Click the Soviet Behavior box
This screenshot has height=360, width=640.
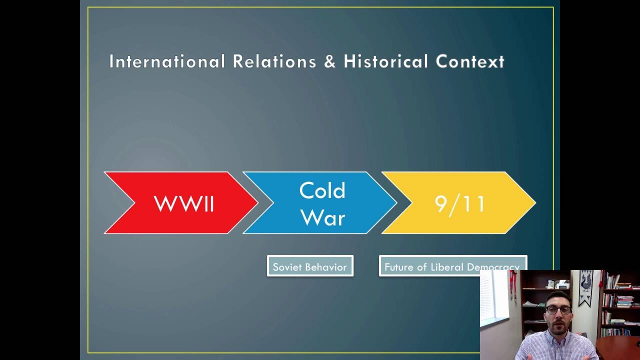310,266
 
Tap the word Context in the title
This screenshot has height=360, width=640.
470,61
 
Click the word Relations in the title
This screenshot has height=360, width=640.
274,61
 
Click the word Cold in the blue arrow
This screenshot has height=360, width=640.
322,190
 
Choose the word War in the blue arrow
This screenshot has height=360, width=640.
323,217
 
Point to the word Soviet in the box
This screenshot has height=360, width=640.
287,267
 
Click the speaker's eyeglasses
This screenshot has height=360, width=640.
558,310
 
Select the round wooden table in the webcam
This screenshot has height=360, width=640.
620,347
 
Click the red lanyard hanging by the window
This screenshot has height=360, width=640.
512,290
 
